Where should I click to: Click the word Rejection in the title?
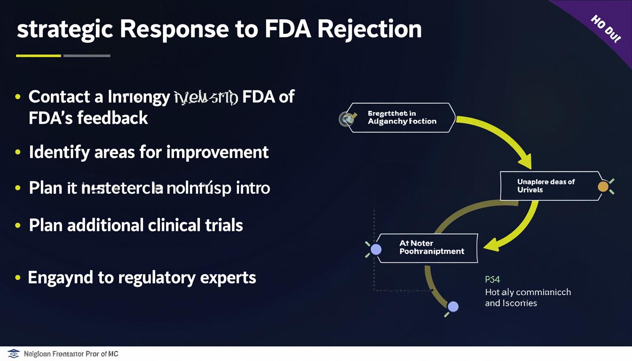point(369,29)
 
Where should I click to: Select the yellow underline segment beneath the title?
point(39,56)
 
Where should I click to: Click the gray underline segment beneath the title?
point(87,56)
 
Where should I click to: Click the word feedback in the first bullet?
point(112,118)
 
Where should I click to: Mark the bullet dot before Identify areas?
point(18,152)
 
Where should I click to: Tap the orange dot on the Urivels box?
point(603,187)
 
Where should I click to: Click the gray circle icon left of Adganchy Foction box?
point(346,119)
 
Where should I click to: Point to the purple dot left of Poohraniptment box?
point(376,250)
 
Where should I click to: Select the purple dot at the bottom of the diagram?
point(453,307)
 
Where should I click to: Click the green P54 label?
point(492,280)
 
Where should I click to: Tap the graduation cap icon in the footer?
point(14,353)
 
